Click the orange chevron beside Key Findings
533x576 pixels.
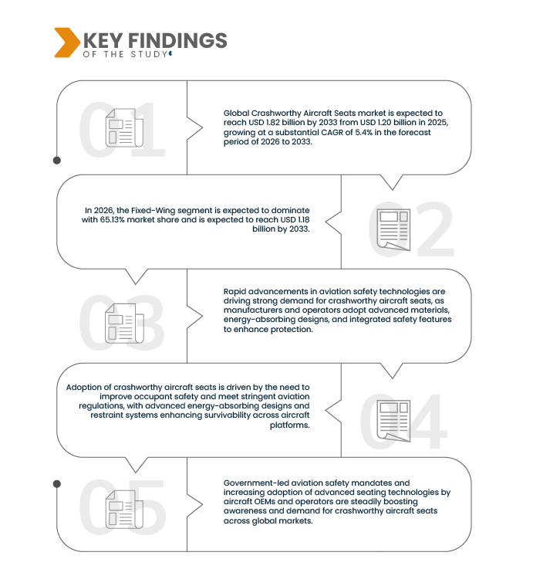click(66, 42)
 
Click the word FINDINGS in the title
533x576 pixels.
click(177, 40)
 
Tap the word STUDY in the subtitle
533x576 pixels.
click(149, 54)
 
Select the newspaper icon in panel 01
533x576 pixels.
click(124, 128)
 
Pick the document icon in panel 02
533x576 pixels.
click(393, 230)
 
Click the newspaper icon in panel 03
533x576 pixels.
click(124, 324)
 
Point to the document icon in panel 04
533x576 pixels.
click(393, 421)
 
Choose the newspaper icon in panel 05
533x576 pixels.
click(124, 510)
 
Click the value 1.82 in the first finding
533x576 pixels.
click(273, 122)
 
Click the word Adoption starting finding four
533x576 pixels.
click(83, 388)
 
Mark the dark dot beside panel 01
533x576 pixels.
click(57, 160)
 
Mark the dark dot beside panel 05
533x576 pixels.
click(57, 484)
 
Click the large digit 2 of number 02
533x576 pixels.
click(435, 229)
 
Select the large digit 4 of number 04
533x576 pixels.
click(428, 421)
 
